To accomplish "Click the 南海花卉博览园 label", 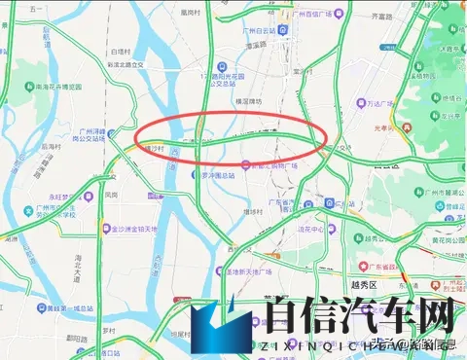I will click(69, 87).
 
